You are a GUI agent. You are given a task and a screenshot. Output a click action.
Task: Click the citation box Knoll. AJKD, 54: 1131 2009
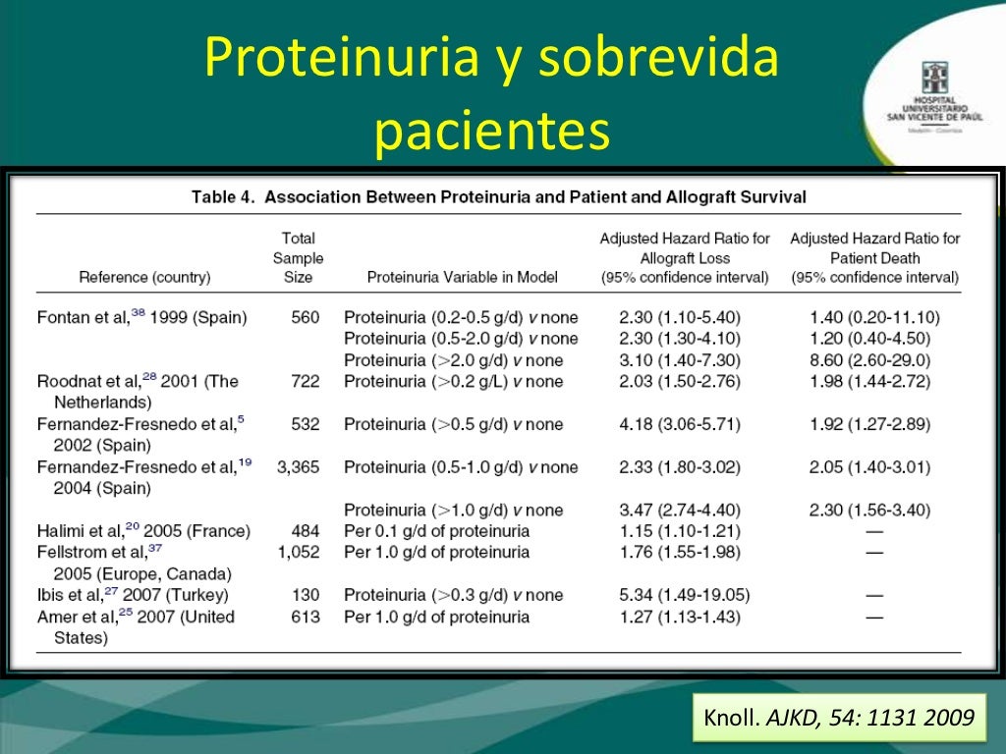tap(839, 719)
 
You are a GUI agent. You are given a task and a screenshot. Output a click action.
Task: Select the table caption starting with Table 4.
tap(498, 197)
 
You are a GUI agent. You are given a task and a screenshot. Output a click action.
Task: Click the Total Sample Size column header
tap(298, 257)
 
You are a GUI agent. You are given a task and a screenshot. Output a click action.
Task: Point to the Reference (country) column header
tap(144, 278)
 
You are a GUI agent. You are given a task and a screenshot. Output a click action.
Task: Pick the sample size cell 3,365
tap(298, 467)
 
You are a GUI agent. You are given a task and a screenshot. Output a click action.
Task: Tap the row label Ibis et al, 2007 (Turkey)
tap(133, 595)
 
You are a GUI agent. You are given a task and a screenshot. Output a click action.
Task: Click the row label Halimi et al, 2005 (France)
tap(143, 531)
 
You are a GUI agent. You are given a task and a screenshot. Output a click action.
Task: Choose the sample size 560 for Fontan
tap(306, 317)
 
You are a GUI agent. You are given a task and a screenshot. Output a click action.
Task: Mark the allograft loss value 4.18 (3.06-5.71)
tap(679, 424)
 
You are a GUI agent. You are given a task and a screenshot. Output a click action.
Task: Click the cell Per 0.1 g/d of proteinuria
tap(436, 531)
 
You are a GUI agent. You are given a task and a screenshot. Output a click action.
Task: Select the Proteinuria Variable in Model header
tap(462, 278)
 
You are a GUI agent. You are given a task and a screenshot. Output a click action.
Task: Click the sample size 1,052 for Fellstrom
tap(298, 552)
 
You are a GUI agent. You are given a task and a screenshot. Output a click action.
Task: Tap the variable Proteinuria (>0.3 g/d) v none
tap(453, 595)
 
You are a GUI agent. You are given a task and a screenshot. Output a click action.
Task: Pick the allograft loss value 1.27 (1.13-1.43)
tap(679, 617)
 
